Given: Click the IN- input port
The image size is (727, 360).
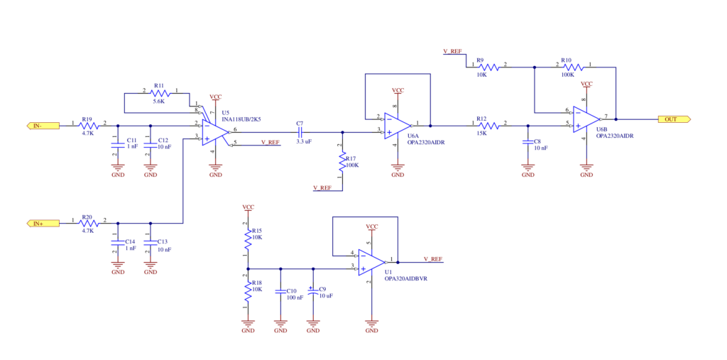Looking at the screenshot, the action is tap(43, 125).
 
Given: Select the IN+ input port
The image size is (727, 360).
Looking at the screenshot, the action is tap(43, 223).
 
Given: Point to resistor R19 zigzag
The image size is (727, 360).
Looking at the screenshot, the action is tap(90, 125).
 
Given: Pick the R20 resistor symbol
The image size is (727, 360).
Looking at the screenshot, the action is tap(90, 223).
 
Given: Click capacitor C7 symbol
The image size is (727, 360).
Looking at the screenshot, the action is tap(300, 132).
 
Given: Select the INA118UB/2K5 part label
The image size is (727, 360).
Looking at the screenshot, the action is tap(241, 119).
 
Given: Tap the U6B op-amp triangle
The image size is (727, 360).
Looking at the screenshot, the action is tap(587, 119).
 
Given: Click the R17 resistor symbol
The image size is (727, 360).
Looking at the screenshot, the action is tap(343, 163).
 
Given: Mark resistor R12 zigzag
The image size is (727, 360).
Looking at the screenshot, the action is tap(491, 125).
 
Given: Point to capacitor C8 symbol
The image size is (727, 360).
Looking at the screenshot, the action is tap(528, 142).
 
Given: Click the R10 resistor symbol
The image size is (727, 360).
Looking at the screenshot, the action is tap(574, 67).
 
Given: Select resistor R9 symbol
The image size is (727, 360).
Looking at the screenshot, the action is tap(488, 67).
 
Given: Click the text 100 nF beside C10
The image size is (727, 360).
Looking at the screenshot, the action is tap(295, 298).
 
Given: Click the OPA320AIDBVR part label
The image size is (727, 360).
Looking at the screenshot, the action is tap(406, 279).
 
